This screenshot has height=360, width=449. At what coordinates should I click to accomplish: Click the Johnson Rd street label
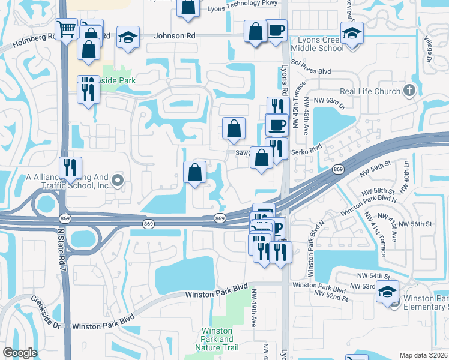pyautogui.click(x=175, y=36)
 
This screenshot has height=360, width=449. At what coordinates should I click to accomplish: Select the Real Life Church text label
pyautogui.click(x=370, y=91)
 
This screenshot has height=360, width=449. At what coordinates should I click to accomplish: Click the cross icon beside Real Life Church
pyautogui.click(x=409, y=91)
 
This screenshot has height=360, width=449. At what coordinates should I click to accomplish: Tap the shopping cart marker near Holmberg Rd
pyautogui.click(x=65, y=29)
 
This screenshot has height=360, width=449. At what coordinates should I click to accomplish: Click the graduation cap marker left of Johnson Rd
pyautogui.click(x=128, y=37)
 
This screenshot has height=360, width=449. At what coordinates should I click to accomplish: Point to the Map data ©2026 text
pyautogui.click(x=424, y=355)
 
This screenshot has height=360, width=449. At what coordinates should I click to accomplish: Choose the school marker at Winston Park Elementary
pyautogui.click(x=387, y=292)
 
